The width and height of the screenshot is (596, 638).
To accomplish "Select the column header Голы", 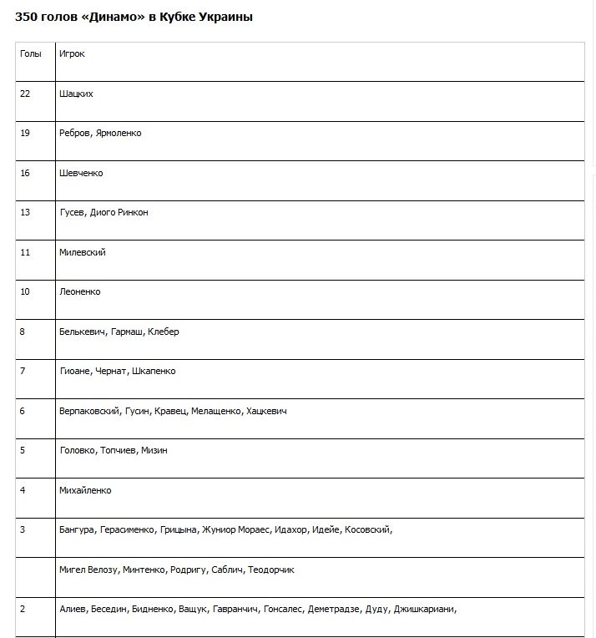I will pyautogui.click(x=30, y=54).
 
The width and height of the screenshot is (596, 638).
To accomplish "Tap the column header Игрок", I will pyautogui.click(x=72, y=54).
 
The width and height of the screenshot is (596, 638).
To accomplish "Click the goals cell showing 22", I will pyautogui.click(x=25, y=94).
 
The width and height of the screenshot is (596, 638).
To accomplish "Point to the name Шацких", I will pyautogui.click(x=76, y=94).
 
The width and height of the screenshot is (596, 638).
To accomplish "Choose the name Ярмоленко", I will pyautogui.click(x=119, y=134).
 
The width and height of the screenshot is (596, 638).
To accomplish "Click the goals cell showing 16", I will pyautogui.click(x=25, y=173).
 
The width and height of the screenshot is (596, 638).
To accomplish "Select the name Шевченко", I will pyautogui.click(x=81, y=173).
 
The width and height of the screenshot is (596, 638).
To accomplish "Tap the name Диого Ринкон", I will pyautogui.click(x=119, y=213).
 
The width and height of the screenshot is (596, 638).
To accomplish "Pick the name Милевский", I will pyautogui.click(x=83, y=252).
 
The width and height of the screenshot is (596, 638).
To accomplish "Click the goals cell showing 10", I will pyautogui.click(x=25, y=292).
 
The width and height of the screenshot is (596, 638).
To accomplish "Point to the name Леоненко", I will pyautogui.click(x=80, y=292).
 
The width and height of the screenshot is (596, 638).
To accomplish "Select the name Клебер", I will pyautogui.click(x=164, y=332).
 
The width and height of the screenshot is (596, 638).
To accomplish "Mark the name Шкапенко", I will pyautogui.click(x=154, y=372).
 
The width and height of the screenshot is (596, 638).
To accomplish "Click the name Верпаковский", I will pyautogui.click(x=89, y=411).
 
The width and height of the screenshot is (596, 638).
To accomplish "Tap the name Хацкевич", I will pyautogui.click(x=266, y=411).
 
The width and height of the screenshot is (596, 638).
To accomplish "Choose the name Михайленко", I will pyautogui.click(x=85, y=490).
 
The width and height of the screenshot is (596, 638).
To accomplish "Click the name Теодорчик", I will pyautogui.click(x=271, y=570).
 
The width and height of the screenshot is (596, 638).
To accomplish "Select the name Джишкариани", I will pyautogui.click(x=425, y=609).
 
